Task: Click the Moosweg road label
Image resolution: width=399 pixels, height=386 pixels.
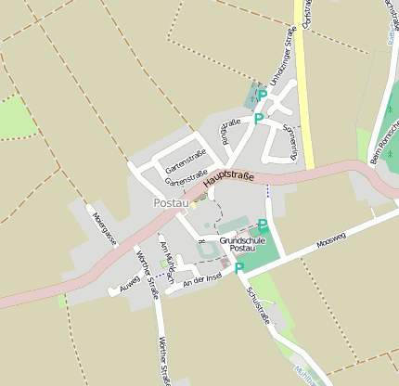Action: coord(330,240)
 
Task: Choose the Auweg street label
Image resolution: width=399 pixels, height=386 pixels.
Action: coord(129,283)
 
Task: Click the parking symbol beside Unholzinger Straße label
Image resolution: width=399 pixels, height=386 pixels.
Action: coord(263,95)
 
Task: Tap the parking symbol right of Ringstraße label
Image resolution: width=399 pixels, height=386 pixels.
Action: coord(258,118)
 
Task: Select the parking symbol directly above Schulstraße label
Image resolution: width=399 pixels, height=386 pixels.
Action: coord(238,268)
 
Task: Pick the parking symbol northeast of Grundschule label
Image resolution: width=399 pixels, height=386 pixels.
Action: coord(263,225)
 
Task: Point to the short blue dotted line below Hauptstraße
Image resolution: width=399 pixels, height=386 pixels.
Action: coord(268,190)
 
